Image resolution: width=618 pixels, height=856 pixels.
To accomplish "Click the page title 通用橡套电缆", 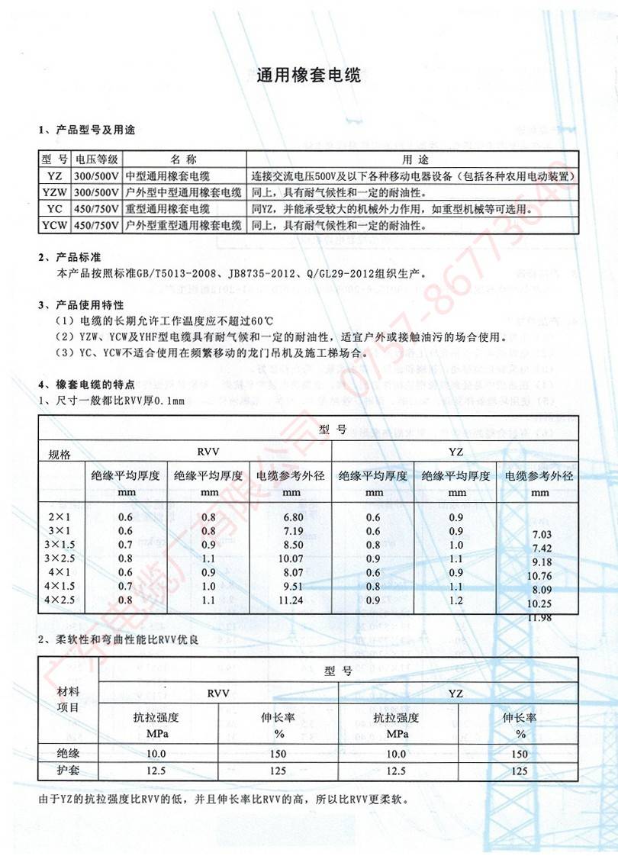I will pos(308,76).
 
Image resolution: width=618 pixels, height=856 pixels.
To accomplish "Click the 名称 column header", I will pos(183,159).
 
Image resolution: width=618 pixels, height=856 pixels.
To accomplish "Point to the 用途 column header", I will pos(412,159).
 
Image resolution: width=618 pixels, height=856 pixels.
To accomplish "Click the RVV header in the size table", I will pos(208,452).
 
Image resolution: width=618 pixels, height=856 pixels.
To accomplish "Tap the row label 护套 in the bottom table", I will pos(68,771).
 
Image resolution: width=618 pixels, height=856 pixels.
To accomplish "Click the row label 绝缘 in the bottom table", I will pos(68,753).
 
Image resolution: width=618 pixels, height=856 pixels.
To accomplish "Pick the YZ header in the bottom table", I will pos(455,693).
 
